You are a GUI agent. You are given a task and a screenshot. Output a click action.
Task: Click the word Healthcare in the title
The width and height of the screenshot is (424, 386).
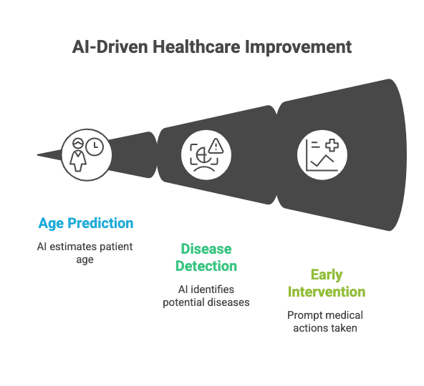pyautogui.click(x=196, y=46)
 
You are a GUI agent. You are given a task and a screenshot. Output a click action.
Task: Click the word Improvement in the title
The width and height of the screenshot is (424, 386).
pyautogui.click(x=298, y=48)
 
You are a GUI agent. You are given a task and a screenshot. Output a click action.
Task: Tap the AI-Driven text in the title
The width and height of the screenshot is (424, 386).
pyautogui.click(x=110, y=46)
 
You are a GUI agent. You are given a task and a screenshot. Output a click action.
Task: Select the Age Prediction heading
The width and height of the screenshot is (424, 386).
pyautogui.click(x=86, y=223)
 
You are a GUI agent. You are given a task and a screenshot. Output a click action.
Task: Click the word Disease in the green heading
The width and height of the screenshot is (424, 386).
pyautogui.click(x=206, y=249)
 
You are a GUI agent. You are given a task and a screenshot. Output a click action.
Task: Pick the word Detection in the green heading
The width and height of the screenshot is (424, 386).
pyautogui.click(x=206, y=266)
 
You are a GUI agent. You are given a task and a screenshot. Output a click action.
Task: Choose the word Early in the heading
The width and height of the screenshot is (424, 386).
pyautogui.click(x=327, y=275)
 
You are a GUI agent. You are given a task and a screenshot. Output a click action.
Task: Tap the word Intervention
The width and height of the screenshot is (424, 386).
pyautogui.click(x=327, y=292)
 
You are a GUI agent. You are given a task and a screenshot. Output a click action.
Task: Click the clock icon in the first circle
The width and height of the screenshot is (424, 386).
pyautogui.click(x=95, y=147)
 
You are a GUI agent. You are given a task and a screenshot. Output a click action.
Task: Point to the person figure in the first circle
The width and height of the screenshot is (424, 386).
pyautogui.click(x=78, y=155)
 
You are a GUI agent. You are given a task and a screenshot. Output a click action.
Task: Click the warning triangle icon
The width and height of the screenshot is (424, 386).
pyautogui.click(x=216, y=146)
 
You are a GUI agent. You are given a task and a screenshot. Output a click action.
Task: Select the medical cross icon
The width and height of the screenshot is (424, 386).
pyautogui.click(x=332, y=145)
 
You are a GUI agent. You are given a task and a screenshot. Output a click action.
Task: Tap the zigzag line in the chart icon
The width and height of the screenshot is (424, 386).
pyautogui.click(x=322, y=160)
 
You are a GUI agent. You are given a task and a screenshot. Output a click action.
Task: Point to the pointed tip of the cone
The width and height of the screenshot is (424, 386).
pyautogui.click(x=37, y=154)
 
